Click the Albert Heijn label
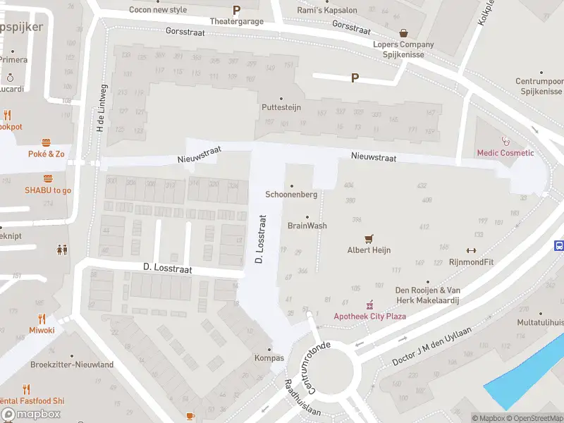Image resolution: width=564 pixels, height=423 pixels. point(369,250)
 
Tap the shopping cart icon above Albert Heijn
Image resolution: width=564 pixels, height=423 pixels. point(369,239)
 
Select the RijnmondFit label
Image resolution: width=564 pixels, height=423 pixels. point(471,262)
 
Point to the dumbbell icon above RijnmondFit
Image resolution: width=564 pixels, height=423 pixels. point(471,250)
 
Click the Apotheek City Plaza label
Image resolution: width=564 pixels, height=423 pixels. point(369,316)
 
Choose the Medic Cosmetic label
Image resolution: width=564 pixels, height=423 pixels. point(505,153)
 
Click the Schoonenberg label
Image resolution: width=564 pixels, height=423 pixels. point(291,195)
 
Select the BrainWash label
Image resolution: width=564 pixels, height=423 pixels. point(307,226)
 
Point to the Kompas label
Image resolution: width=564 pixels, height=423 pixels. point(269,358)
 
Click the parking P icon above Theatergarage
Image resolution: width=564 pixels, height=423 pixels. point(236,11)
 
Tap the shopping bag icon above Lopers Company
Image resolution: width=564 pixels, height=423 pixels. point(403,33)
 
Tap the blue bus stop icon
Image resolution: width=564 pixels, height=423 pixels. point(559,246)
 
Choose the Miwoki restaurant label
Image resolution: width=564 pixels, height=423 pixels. point(42,330)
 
